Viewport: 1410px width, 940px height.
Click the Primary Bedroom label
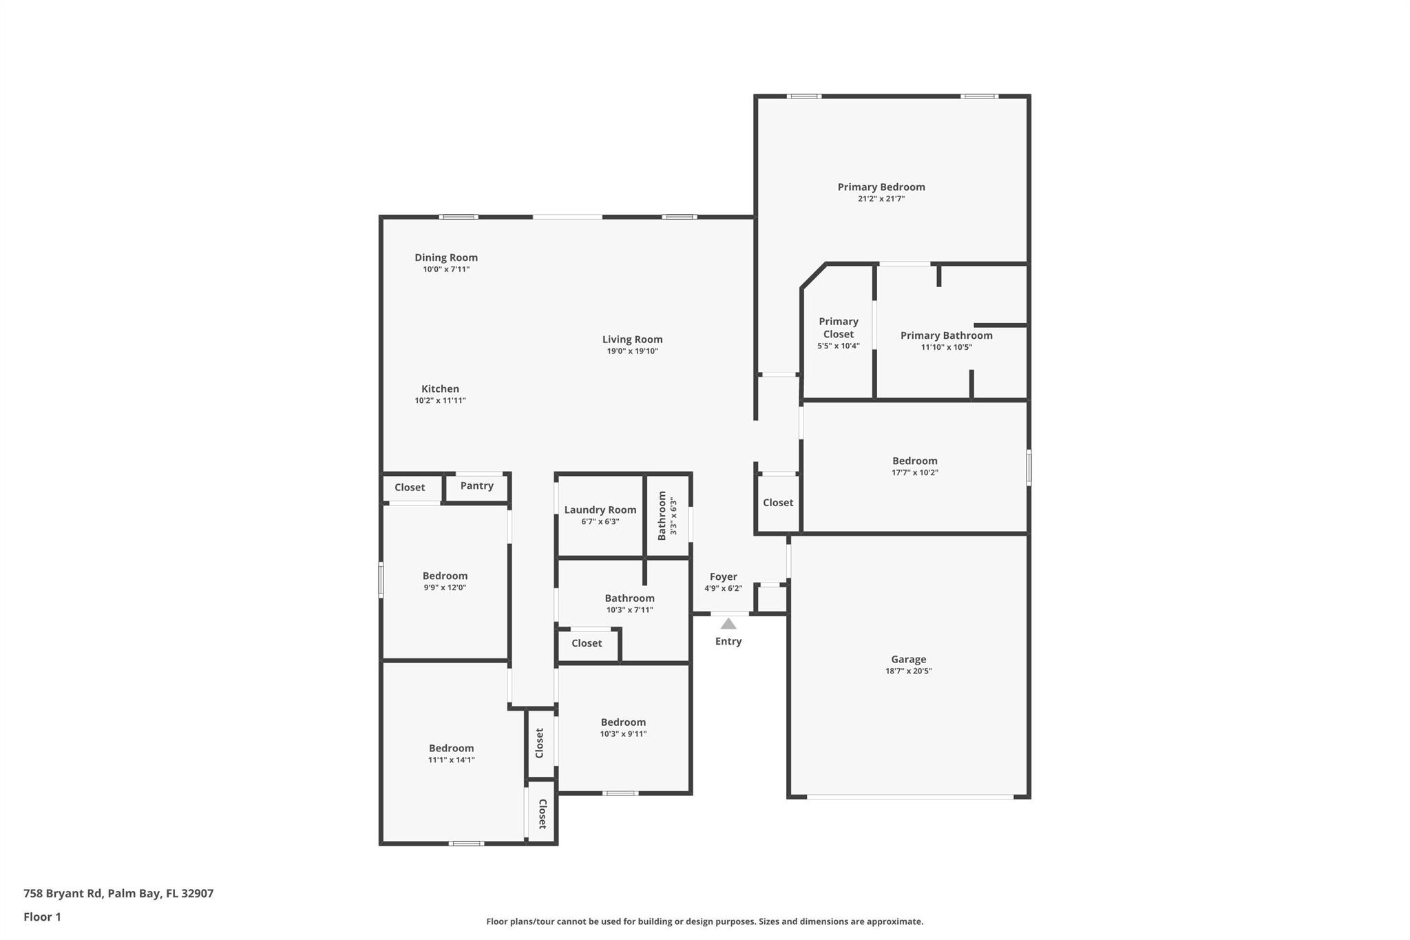click(x=881, y=187)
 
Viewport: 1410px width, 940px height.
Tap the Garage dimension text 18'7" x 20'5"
click(x=908, y=671)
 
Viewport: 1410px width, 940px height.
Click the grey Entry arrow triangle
click(x=728, y=624)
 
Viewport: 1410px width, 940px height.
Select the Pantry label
click(x=476, y=485)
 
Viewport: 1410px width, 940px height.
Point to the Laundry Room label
click(x=600, y=510)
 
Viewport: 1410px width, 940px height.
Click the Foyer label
click(x=723, y=576)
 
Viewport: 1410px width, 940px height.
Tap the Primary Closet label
click(x=838, y=328)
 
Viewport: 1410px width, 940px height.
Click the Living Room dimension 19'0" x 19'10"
click(x=632, y=351)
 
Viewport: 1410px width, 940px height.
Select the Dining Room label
click(x=445, y=258)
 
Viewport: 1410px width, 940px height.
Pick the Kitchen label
click(x=440, y=388)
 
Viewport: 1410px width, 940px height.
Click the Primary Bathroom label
click(x=946, y=335)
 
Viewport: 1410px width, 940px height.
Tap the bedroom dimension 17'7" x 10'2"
click(x=914, y=473)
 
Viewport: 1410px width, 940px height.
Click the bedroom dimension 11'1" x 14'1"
click(x=451, y=760)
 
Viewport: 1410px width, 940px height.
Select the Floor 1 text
click(x=42, y=917)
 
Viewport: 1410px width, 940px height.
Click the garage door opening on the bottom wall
click(x=909, y=797)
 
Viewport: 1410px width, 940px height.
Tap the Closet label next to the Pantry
click(x=409, y=488)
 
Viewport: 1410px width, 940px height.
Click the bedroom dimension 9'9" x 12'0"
click(x=445, y=588)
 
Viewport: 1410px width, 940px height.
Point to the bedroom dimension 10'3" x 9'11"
click(x=622, y=734)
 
